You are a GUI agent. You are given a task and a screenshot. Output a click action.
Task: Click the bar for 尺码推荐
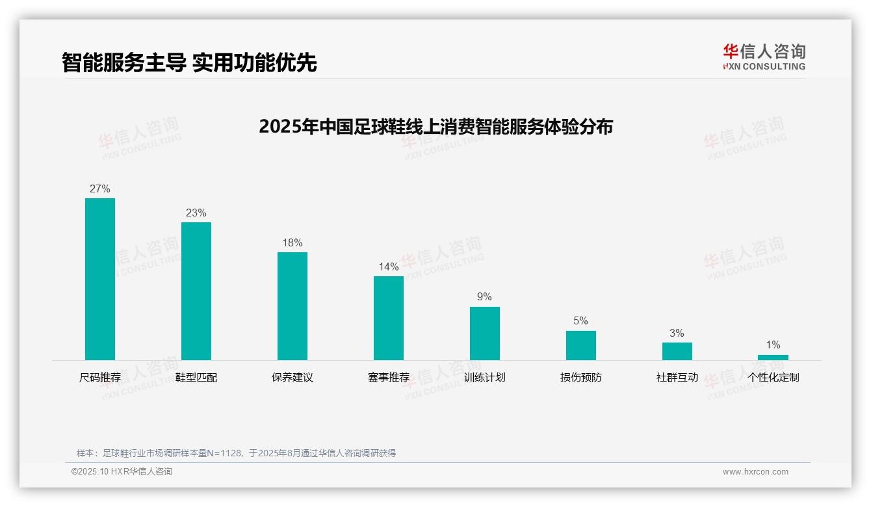click(100, 279)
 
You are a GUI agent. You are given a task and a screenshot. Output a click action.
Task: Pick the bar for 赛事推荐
click(389, 318)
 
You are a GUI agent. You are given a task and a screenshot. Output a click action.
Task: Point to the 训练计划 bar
click(485, 333)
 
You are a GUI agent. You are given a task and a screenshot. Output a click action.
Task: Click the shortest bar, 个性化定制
click(773, 357)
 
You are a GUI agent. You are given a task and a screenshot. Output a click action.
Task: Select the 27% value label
click(100, 189)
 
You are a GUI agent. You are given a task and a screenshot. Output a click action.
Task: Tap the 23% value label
click(196, 213)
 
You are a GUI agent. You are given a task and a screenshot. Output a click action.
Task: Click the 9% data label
click(485, 297)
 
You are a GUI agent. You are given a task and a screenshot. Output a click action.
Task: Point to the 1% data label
click(773, 345)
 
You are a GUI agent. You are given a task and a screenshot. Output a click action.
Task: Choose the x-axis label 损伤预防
click(581, 378)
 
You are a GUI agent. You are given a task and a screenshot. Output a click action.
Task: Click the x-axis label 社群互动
click(677, 378)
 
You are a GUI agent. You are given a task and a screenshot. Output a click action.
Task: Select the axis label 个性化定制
click(773, 378)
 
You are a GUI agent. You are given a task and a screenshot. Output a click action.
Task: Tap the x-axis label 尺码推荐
click(100, 378)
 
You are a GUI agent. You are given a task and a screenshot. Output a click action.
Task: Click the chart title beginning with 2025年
click(435, 127)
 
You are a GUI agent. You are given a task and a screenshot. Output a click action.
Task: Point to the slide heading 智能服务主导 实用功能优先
click(189, 62)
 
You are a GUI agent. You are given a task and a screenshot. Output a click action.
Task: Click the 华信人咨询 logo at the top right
click(764, 57)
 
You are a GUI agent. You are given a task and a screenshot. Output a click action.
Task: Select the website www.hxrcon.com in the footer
click(755, 472)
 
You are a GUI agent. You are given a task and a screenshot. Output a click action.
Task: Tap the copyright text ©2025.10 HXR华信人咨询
click(122, 472)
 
